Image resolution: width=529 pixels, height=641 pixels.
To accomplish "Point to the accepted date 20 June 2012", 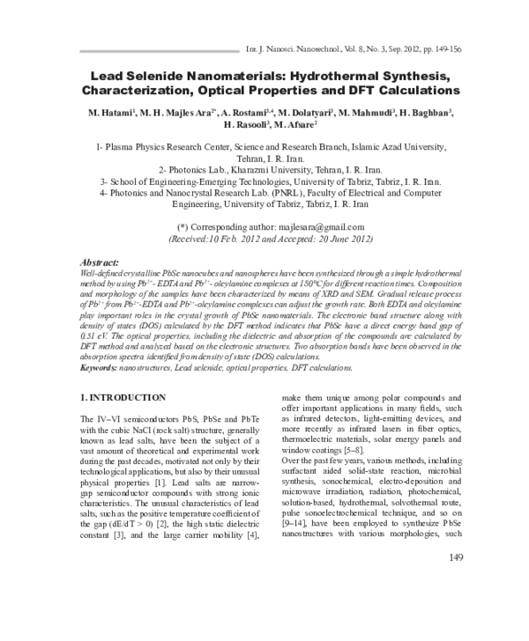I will click(317, 238).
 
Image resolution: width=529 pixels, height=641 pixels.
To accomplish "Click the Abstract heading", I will click(99, 262).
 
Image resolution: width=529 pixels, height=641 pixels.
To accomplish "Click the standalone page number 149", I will click(456, 607).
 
